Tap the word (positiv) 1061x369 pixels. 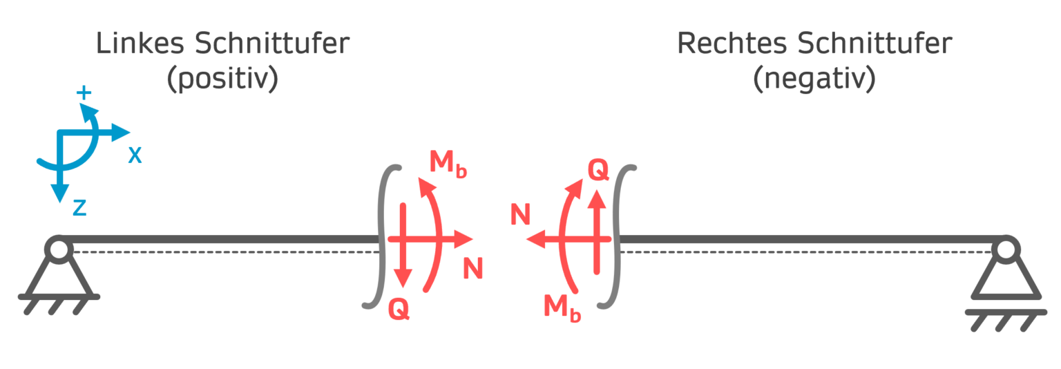pyautogui.click(x=222, y=79)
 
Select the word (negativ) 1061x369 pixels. pyautogui.click(x=814, y=79)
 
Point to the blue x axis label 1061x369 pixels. pyautogui.click(x=135, y=156)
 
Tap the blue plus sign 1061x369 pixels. pyautogui.click(x=84, y=93)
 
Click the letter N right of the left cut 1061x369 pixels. pyautogui.click(x=472, y=268)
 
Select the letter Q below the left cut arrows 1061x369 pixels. pyautogui.click(x=399, y=310)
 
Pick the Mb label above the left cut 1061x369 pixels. pyautogui.click(x=448, y=164)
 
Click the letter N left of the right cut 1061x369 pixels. pyautogui.click(x=520, y=216)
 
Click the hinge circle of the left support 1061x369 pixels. pyautogui.click(x=58, y=249)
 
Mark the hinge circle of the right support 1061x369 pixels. pyautogui.click(x=1006, y=249)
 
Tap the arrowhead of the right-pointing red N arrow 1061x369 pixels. pyautogui.click(x=464, y=239)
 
